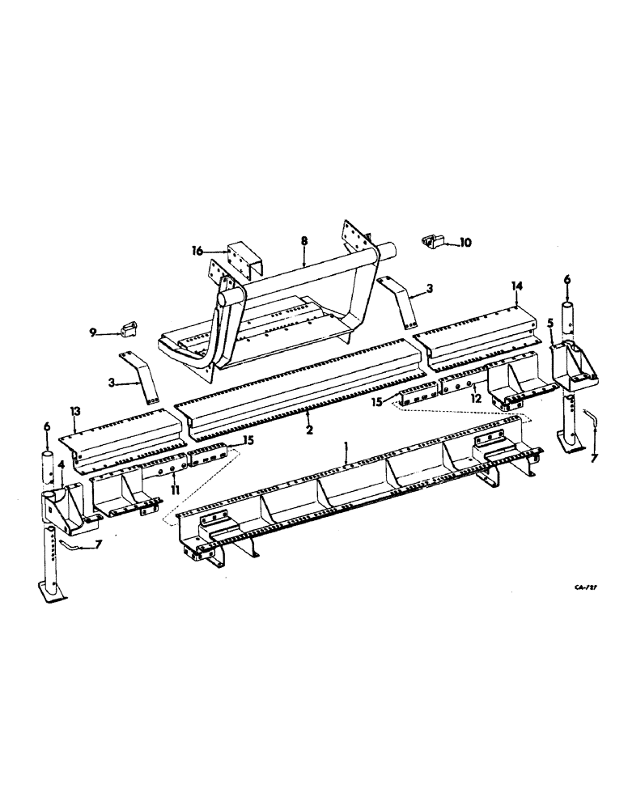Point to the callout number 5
click(x=552, y=322)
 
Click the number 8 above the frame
click(x=303, y=241)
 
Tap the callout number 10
click(x=465, y=242)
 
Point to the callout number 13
click(x=74, y=412)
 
